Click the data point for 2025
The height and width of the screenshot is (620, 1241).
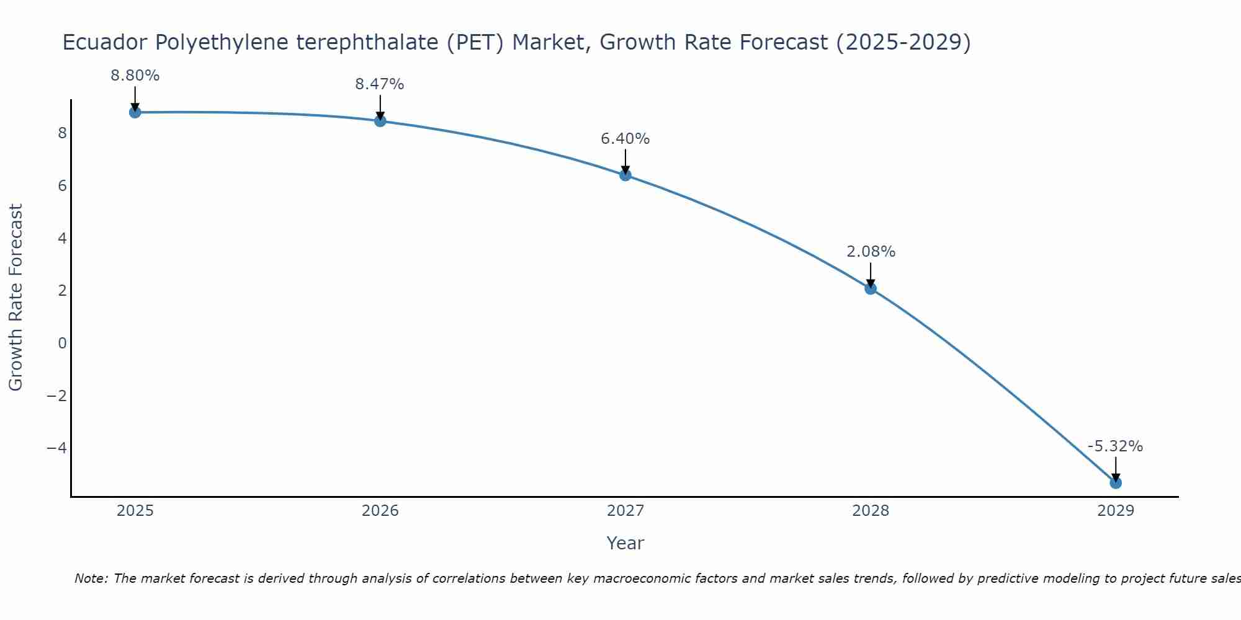(135, 112)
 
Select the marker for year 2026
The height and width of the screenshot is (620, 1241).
(380, 121)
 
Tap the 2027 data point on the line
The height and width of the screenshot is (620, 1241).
(625, 175)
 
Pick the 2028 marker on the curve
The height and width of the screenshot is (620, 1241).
(871, 288)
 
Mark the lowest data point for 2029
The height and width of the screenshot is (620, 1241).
(1116, 482)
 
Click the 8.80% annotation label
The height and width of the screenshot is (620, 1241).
(135, 76)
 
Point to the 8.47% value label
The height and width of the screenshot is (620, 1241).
(380, 84)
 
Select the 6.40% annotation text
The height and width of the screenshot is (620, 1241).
(625, 139)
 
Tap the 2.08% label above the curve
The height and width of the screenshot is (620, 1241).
(871, 252)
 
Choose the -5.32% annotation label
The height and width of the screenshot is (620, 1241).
(1115, 446)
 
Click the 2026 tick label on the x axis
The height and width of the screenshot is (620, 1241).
(380, 511)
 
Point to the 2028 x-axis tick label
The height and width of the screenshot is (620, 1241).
(871, 511)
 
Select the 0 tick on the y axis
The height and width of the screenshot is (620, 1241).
(62, 343)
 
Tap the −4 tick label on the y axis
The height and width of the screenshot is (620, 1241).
(56, 448)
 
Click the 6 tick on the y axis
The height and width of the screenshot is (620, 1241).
(62, 186)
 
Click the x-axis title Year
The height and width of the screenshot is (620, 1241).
(625, 543)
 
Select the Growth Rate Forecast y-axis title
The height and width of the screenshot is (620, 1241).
(16, 297)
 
